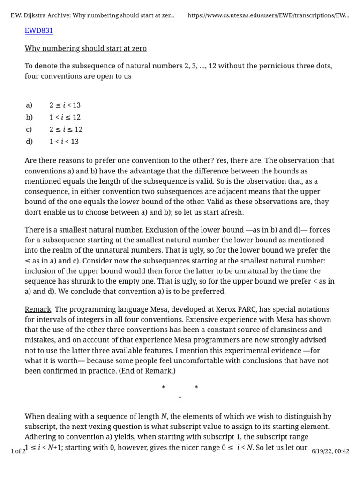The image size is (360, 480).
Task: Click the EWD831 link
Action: pyautogui.click(x=39, y=31)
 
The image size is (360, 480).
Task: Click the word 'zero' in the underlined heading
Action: pyautogui.click(x=138, y=48)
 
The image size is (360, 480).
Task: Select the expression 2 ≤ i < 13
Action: pyautogui.click(x=65, y=105)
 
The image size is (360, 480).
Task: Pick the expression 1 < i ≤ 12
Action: pyautogui.click(x=65, y=117)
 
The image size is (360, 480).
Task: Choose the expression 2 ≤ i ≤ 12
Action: pyautogui.click(x=66, y=129)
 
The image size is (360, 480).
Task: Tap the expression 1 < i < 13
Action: pyautogui.click(x=64, y=142)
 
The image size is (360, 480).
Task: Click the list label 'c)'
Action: pyautogui.click(x=29, y=129)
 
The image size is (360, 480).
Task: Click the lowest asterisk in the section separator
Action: pyautogui.click(x=180, y=398)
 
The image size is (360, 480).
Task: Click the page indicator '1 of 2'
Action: pyautogui.click(x=18, y=451)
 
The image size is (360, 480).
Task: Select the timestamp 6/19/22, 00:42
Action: pyautogui.click(x=330, y=451)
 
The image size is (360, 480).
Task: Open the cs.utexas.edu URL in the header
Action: pyautogui.click(x=268, y=15)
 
